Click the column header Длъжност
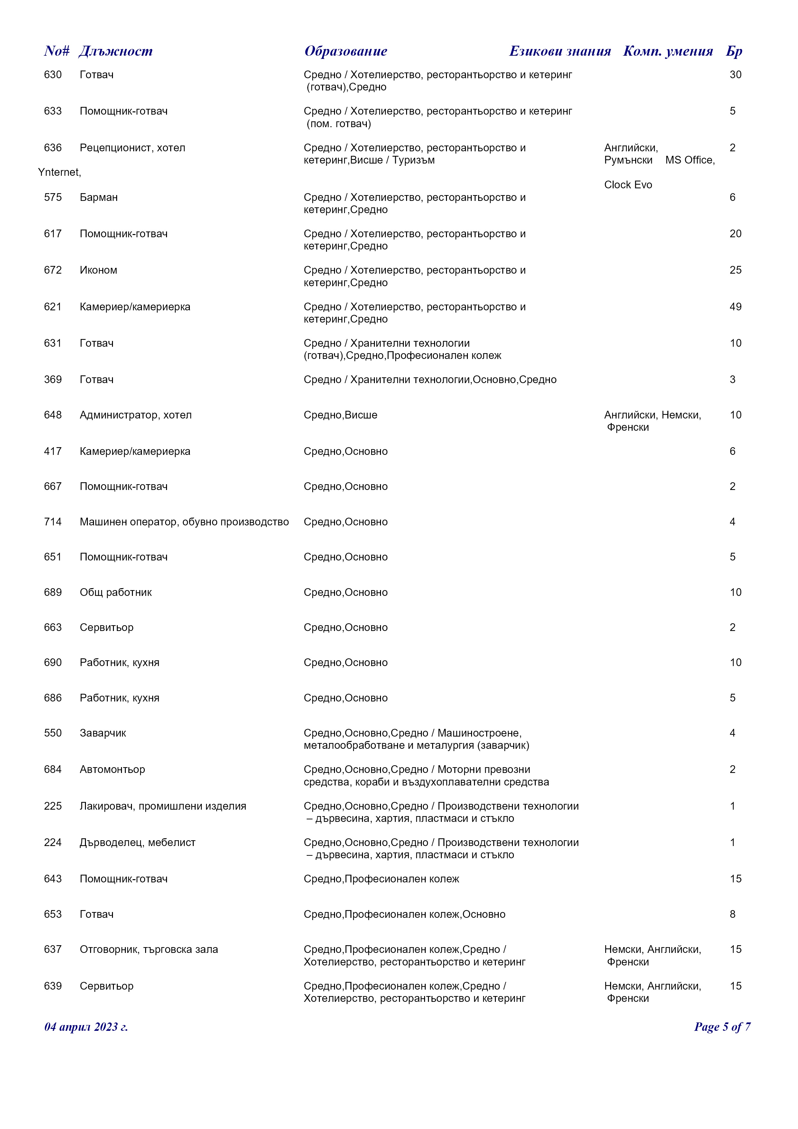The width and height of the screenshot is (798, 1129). pos(116,51)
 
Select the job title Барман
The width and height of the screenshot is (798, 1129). pos(99,198)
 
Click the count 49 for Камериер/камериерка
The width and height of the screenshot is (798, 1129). pos(735,307)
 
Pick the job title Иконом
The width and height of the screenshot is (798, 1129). pos(98,270)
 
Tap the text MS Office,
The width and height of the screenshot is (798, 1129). pos(690,160)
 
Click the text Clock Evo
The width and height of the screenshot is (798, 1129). pos(628,185)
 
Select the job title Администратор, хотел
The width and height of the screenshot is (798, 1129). pos(135,415)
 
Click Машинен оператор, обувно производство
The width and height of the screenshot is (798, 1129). pos(184,522)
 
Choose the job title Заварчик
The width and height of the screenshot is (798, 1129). pos(103,733)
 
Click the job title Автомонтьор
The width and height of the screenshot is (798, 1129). pos(113,769)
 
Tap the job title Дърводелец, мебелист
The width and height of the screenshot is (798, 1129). pos(138,842)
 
